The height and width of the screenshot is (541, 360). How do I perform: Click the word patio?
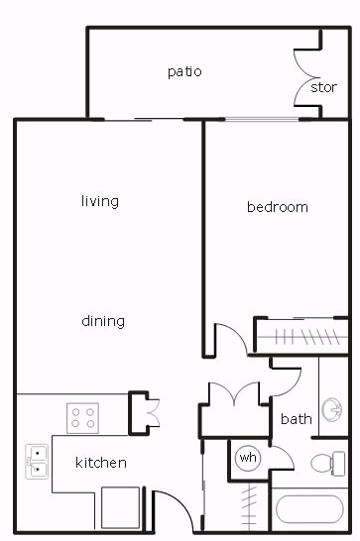[184, 71]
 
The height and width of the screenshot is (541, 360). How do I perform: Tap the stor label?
[323, 87]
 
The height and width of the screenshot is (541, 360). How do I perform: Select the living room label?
[100, 201]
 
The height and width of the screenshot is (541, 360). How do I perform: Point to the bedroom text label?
[277, 207]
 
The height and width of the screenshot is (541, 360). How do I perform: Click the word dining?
[103, 321]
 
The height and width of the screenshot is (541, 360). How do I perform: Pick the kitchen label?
[101, 463]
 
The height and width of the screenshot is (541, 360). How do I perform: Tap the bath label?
[296, 419]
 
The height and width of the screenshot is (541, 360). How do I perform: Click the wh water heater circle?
[247, 459]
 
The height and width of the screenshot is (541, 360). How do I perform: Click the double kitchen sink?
[37, 461]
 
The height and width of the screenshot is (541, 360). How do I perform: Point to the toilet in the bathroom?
[325, 463]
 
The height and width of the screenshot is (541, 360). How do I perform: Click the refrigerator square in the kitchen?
[121, 507]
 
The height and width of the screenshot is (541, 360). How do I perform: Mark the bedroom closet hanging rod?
[300, 335]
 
